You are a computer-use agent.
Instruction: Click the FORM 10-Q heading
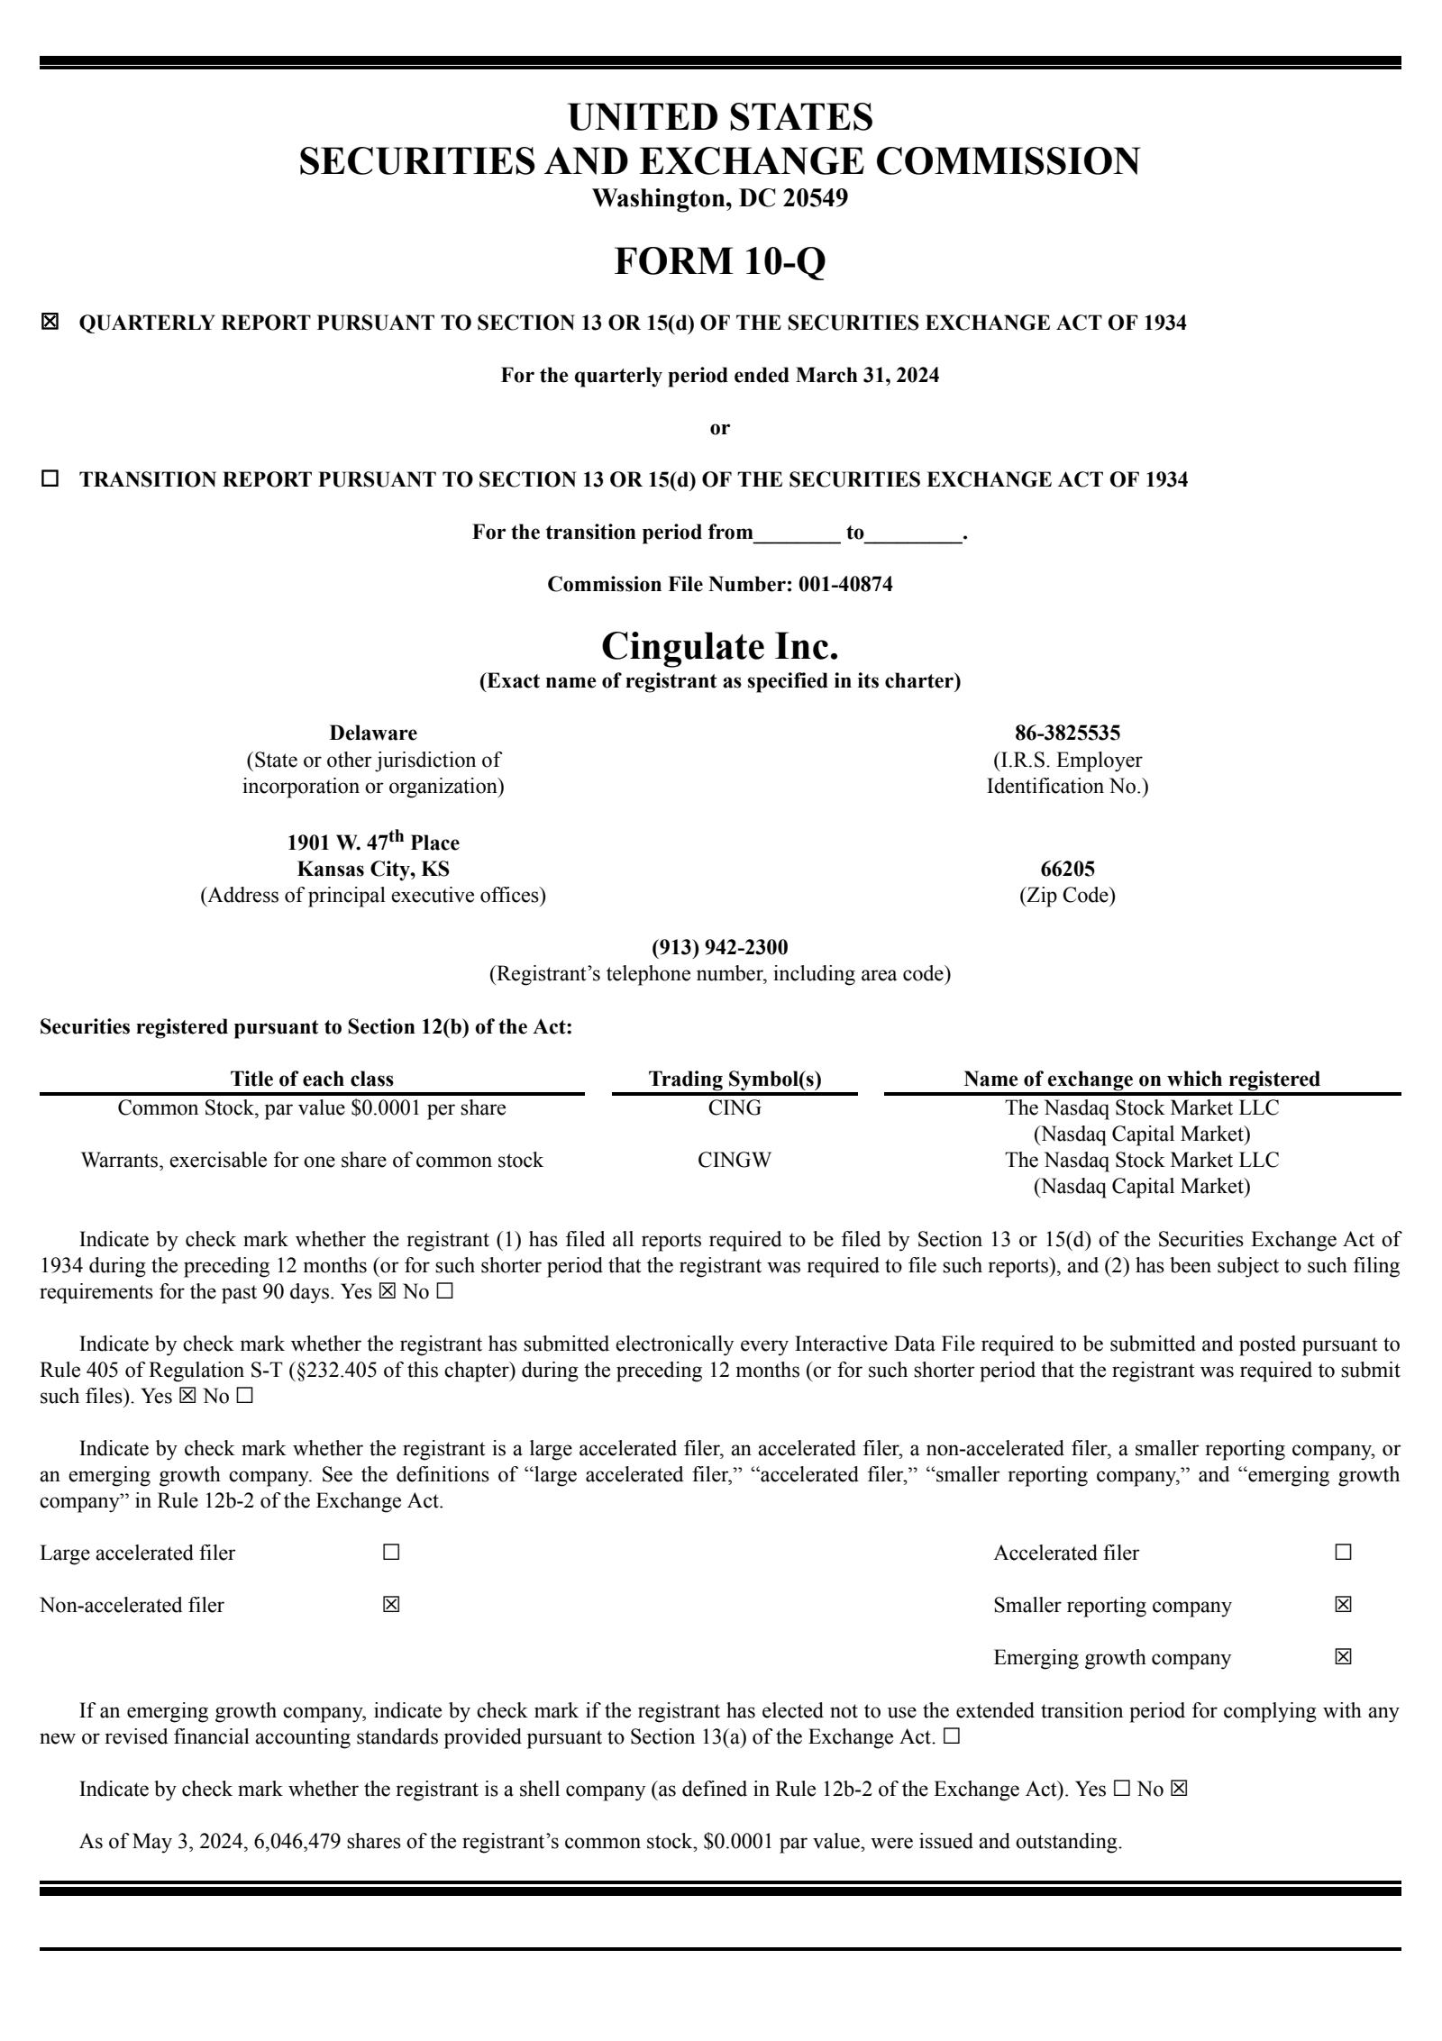[x=719, y=261]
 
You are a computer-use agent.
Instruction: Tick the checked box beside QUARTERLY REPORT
[x=50, y=322]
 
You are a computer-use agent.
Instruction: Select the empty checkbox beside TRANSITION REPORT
[x=50, y=478]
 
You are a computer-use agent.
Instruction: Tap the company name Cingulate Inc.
[x=719, y=645]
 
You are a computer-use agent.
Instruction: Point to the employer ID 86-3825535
[x=1067, y=733]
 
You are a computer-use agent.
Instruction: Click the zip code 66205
[x=1067, y=869]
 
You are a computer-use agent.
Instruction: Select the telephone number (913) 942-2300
[x=719, y=947]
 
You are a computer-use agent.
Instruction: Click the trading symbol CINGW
[x=735, y=1160]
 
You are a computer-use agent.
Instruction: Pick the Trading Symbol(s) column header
[x=735, y=1079]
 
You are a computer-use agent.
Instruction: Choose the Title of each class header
[x=312, y=1079]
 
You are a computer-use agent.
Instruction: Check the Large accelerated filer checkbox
[x=391, y=1552]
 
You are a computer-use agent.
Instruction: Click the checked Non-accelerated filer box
[x=391, y=1604]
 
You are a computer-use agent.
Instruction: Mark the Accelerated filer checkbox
[x=1343, y=1552]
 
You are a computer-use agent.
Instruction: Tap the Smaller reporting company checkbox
[x=1343, y=1604]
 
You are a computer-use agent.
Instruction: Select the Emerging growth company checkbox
[x=1343, y=1656]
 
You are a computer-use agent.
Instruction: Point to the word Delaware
[x=373, y=733]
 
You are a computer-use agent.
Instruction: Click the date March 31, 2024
[x=867, y=375]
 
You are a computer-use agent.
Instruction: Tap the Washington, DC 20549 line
[x=719, y=197]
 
